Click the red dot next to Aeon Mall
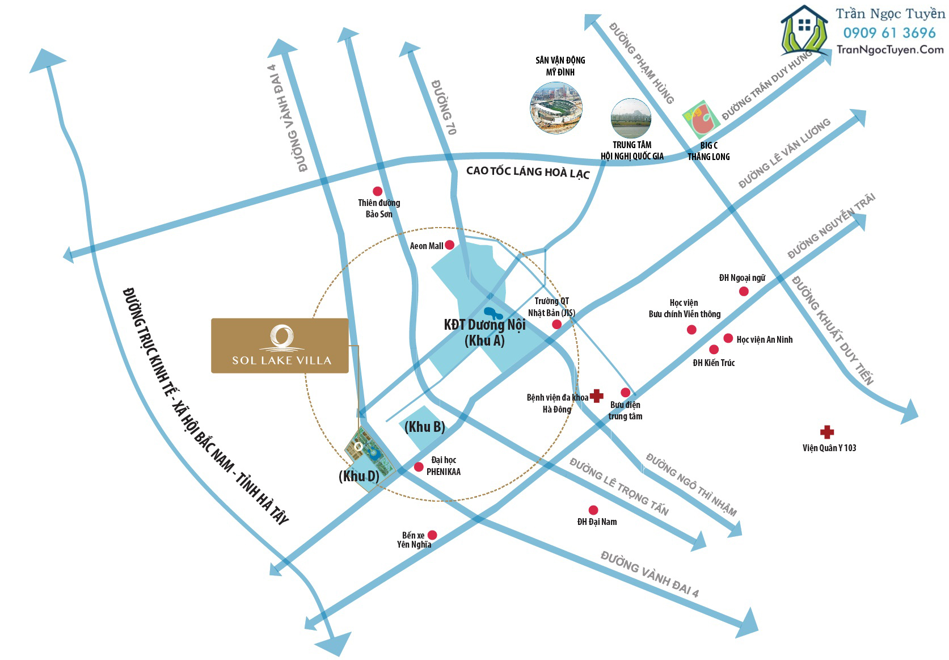pos(449,245)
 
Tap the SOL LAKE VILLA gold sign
pos(280,346)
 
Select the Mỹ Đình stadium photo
pos(556,107)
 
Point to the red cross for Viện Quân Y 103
pos(826,432)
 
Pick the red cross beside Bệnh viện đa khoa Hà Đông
pos(596,396)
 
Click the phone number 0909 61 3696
pos(889,33)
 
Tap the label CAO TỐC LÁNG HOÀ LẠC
pos(528,172)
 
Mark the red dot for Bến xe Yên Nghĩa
pos(432,535)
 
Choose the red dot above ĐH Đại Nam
pos(593,510)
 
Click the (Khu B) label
pos(424,427)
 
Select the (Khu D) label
pos(358,476)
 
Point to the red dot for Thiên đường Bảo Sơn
pos(377,191)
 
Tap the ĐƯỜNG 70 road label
pos(444,107)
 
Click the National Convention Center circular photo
pos(631,118)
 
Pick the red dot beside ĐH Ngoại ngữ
pos(744,291)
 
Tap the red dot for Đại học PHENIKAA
pos(419,467)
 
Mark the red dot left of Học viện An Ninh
pos(728,338)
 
